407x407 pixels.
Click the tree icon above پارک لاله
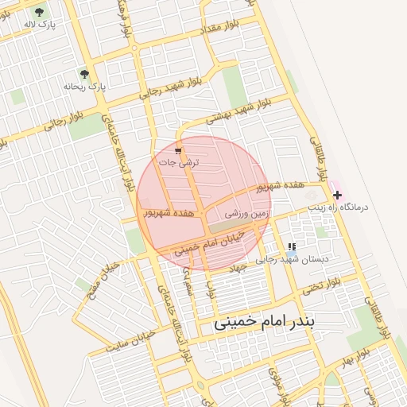[40, 13]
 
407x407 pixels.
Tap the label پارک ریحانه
[84, 84]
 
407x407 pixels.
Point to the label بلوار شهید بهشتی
[239, 111]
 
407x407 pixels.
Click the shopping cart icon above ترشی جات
[178, 149]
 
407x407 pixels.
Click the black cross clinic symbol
[338, 194]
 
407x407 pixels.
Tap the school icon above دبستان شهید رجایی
[292, 247]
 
